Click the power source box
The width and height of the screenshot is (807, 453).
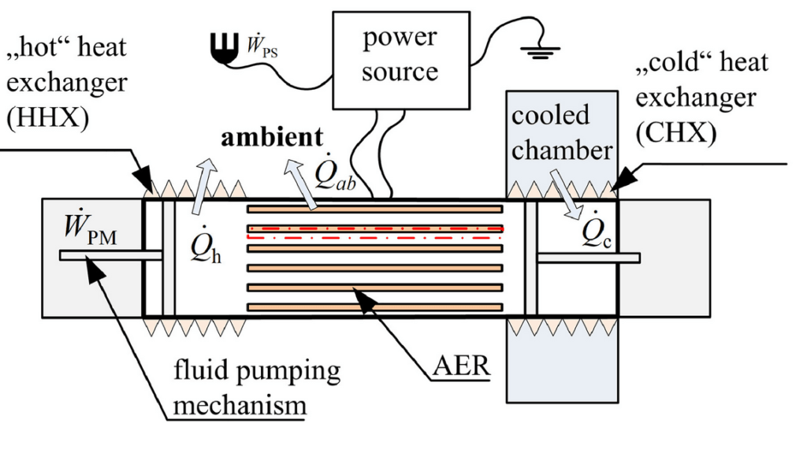pos(400,60)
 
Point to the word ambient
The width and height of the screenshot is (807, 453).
pos(271,137)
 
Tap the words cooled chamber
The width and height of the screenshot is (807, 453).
pos(560,132)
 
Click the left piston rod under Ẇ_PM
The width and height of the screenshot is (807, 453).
pos(110,255)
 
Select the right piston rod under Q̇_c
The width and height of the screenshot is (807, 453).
pos(588,258)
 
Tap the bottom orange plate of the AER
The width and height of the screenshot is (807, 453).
pos(375,306)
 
